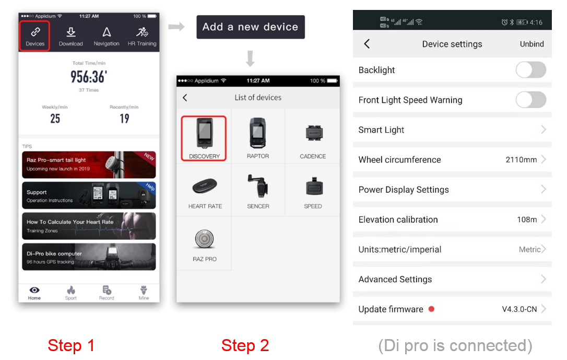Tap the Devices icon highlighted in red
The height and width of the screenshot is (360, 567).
(34, 36)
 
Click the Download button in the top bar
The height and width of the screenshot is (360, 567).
(71, 37)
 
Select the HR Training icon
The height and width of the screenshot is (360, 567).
(142, 37)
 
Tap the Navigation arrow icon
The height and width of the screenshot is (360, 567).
(107, 32)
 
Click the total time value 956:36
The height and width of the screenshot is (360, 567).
(89, 77)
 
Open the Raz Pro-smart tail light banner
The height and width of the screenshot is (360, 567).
(89, 165)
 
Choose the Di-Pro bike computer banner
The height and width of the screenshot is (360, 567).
(89, 257)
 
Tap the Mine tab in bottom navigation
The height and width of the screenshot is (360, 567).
(144, 293)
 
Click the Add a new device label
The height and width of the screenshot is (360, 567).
(250, 27)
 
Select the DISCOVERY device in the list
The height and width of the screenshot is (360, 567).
(204, 138)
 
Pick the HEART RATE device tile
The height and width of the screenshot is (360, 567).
(205, 191)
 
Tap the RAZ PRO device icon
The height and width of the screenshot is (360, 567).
(204, 239)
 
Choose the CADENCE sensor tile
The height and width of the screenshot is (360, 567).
(313, 138)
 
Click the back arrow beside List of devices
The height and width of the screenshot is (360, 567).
(185, 98)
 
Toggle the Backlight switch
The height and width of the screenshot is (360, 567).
(530, 70)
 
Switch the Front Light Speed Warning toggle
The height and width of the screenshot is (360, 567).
(530, 100)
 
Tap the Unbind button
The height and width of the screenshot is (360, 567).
(531, 44)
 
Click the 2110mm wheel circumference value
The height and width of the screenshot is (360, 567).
(521, 159)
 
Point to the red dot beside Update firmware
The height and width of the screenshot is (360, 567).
(431, 309)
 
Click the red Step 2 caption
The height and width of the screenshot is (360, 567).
(245, 345)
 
